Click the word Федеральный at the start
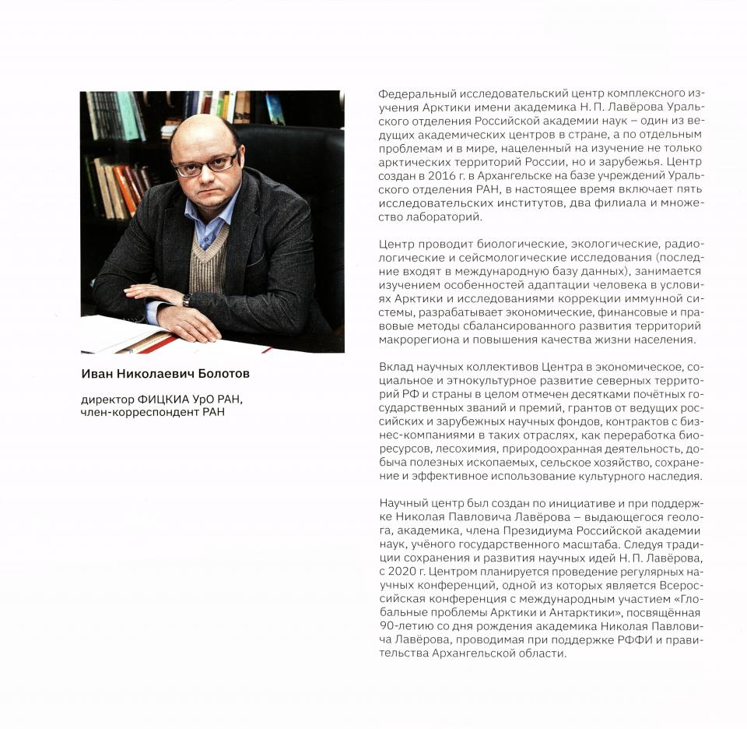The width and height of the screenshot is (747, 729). point(410,93)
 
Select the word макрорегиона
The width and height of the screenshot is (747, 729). point(414,341)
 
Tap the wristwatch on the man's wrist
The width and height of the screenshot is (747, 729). point(186,300)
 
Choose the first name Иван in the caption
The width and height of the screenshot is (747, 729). point(96,374)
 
